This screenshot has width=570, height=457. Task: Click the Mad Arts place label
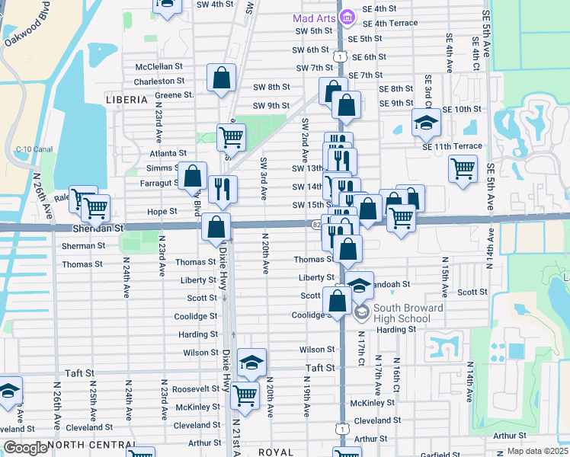coord(314,17)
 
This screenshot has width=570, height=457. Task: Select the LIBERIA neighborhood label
coord(126,100)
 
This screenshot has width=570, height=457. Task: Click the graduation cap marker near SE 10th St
coord(426,121)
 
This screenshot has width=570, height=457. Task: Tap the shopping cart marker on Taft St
coord(245,395)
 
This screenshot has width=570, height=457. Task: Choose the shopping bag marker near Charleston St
coord(221,78)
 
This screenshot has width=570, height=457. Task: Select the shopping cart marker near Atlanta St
coord(231,137)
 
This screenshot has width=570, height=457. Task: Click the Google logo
coord(25,449)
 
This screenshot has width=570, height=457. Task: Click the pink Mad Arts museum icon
coord(347,17)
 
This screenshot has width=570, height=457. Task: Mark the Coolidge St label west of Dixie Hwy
coord(195,318)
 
